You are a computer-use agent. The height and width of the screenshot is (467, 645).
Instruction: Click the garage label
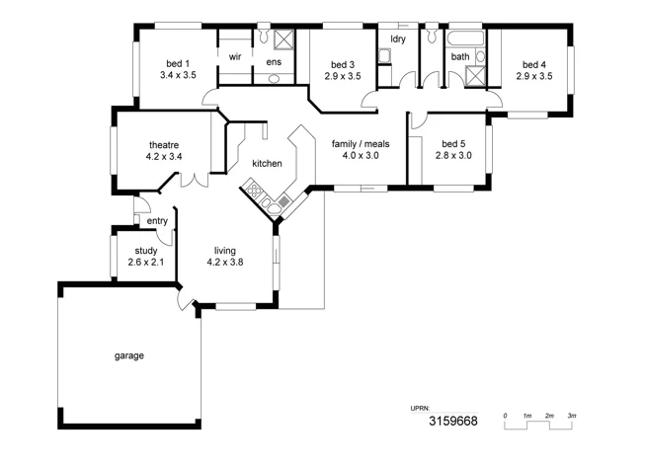point(129,355)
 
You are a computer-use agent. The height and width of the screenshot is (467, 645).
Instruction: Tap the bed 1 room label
point(178,62)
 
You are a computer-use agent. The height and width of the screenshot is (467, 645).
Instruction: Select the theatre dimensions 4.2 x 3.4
point(164,156)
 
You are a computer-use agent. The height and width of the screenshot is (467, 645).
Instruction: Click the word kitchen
point(268,163)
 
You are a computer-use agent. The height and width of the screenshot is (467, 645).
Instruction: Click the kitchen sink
point(267,204)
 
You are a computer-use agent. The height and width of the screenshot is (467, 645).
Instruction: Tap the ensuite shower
point(282,39)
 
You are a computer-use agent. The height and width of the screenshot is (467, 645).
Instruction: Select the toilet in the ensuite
point(265,37)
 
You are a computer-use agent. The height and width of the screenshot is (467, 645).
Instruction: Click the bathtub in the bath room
point(464,39)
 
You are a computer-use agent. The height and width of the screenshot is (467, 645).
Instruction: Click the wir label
point(235,57)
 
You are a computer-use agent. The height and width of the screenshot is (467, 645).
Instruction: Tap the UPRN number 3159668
point(451,422)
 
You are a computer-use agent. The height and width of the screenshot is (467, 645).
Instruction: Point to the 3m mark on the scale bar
point(572,417)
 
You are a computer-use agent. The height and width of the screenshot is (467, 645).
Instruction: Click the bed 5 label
point(453,142)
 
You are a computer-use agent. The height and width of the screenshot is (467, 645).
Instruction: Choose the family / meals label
point(361,142)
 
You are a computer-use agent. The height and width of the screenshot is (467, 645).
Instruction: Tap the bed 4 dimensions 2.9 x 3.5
point(533,75)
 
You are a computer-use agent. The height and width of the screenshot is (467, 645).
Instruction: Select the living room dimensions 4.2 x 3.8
point(224,262)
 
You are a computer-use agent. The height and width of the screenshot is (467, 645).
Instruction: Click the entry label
point(157,220)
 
